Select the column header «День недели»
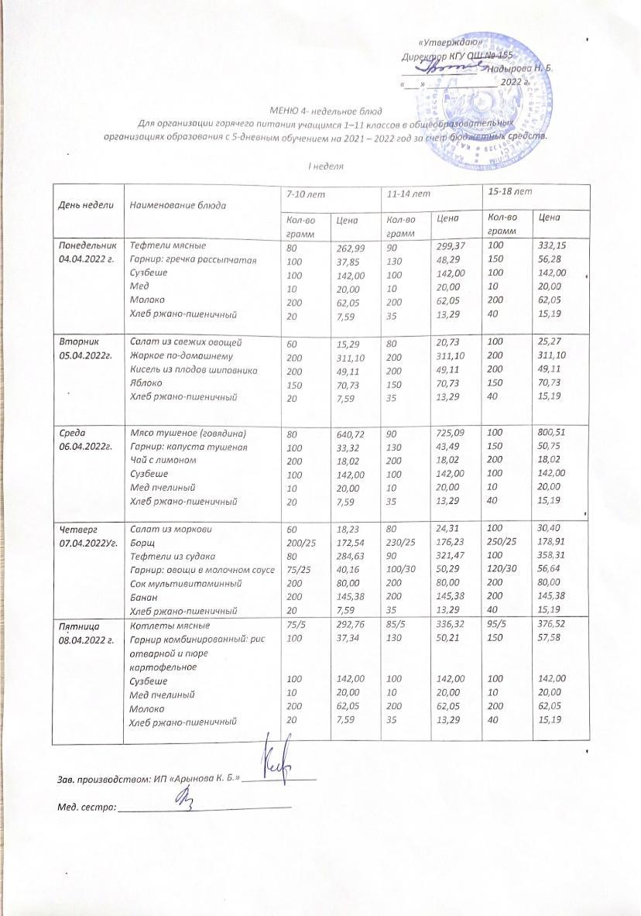coord(83,205)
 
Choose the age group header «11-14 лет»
coord(409,192)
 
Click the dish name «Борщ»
coord(141,544)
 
